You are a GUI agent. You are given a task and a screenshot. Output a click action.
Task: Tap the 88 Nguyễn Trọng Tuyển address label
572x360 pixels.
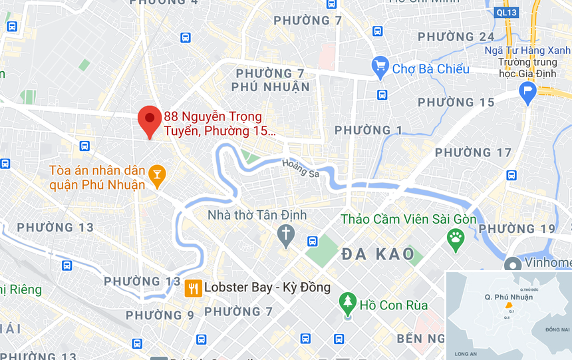click(x=219, y=124)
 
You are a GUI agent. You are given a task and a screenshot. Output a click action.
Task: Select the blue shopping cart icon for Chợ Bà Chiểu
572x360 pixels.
click(x=380, y=65)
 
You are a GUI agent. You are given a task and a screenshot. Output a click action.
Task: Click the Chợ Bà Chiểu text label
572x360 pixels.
click(x=431, y=69)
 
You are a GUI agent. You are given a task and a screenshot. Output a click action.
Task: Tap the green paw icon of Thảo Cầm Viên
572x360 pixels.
click(x=456, y=240)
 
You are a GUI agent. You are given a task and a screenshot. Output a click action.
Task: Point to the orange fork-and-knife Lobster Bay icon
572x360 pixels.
click(x=193, y=287)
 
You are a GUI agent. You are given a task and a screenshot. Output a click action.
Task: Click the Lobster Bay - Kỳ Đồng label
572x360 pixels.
click(x=267, y=287)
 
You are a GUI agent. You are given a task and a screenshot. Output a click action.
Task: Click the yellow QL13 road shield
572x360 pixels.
click(x=507, y=11)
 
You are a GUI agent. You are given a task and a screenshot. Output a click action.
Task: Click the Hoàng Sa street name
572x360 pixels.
click(x=301, y=168)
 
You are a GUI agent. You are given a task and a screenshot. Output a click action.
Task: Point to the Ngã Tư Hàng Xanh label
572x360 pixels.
click(x=527, y=51)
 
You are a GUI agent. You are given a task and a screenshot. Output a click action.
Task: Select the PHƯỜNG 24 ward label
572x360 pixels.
click(x=456, y=37)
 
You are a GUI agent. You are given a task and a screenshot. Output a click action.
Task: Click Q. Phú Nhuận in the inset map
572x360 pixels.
click(x=509, y=297)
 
